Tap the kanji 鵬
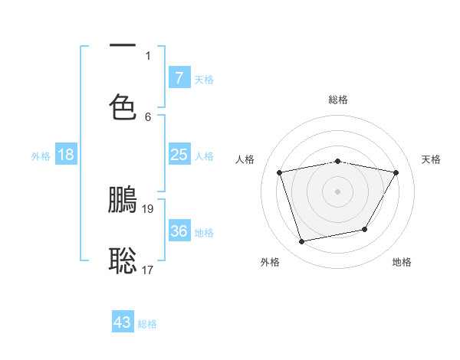pos(123,199)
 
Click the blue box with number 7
pos(179,77)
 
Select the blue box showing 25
pos(179,155)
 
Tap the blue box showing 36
pos(179,231)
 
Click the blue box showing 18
pos(66,155)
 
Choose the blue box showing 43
pos(123,322)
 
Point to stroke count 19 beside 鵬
pos(149,208)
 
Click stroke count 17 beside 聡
pos(149,270)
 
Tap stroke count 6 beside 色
pos(148,116)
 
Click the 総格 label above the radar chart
pos(337,100)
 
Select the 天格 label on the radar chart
pos(431,159)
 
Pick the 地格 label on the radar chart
pos(402,262)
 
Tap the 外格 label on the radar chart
pos(270,262)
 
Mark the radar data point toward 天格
pos(396,172)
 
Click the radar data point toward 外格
pos(302,242)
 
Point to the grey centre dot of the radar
pos(337,191)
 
